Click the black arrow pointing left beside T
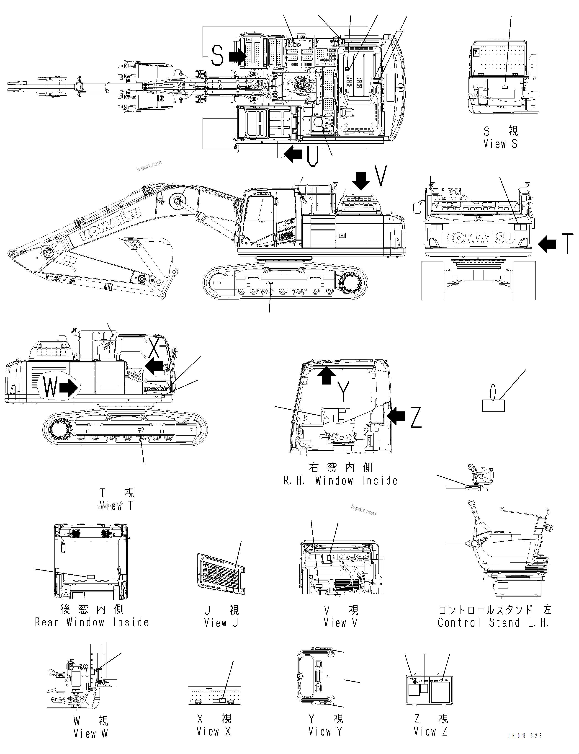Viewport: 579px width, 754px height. point(547,244)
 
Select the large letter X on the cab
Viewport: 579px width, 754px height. point(154,348)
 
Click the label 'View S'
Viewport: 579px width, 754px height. point(500,144)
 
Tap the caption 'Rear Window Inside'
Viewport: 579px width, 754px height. point(92,622)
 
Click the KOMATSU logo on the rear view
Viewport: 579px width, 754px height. point(478,238)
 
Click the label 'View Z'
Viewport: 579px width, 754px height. point(430,731)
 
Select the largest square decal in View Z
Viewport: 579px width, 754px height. point(440,693)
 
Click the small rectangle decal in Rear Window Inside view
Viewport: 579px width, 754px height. point(91,577)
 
